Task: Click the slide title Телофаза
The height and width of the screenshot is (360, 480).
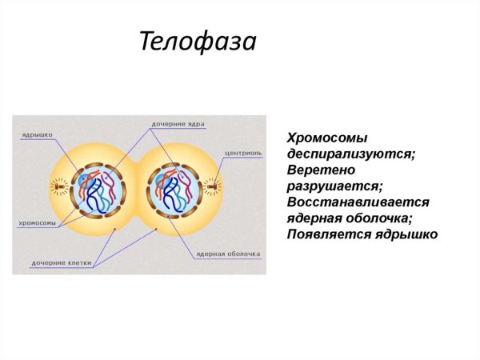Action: [x=198, y=40]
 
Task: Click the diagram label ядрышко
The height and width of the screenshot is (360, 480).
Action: [x=38, y=134]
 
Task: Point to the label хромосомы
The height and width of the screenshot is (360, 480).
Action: [x=36, y=222]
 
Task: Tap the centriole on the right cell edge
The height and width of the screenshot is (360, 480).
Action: [x=212, y=189]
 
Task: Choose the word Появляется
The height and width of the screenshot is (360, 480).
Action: [x=326, y=234]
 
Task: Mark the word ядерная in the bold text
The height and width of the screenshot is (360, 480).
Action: [x=316, y=218]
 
